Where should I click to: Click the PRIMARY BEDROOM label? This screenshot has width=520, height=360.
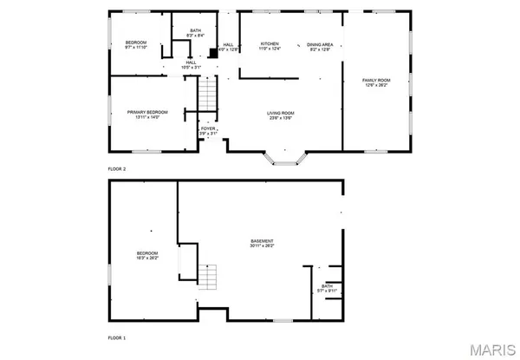(x=146, y=112)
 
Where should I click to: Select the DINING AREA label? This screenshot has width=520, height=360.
(x=320, y=44)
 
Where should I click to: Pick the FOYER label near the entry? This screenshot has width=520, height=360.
(x=208, y=128)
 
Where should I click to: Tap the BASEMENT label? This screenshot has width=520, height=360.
(x=263, y=240)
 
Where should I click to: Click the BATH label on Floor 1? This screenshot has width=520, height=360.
(x=327, y=285)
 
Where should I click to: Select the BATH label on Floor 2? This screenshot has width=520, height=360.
(x=196, y=30)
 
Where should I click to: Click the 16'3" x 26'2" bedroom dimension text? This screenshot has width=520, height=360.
(x=146, y=258)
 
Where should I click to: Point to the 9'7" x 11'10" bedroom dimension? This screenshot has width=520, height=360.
(x=136, y=48)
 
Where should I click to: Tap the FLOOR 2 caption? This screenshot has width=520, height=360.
(x=117, y=168)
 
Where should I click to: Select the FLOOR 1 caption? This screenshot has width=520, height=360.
(x=117, y=337)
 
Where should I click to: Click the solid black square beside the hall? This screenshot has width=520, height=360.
(x=212, y=51)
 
